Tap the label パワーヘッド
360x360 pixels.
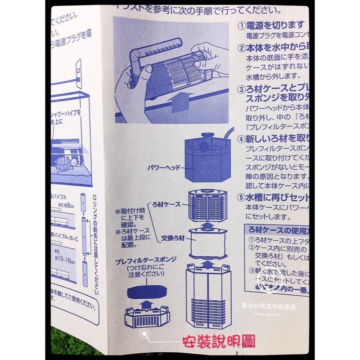pos(164,167)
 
